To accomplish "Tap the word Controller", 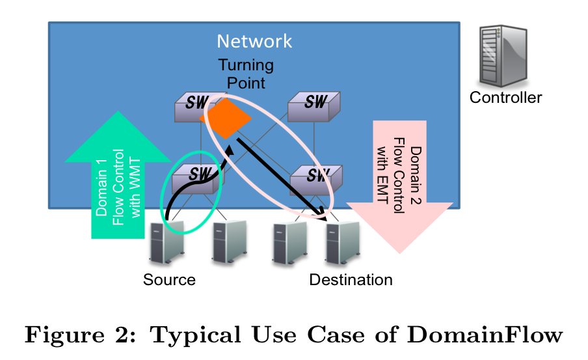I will pos(505,98).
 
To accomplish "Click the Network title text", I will pos(254,42).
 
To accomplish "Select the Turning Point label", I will pos(245,74).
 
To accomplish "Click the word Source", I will pos(169,280).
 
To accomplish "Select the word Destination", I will pos(351,280).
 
